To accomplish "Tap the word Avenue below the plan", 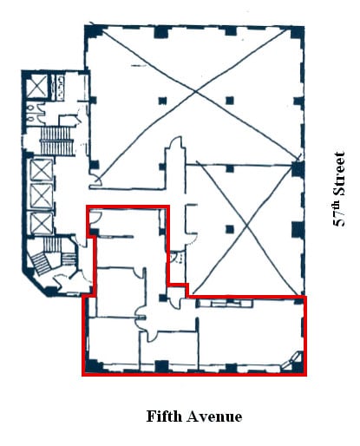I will (x=209, y=416).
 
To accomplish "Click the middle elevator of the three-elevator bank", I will (x=41, y=194).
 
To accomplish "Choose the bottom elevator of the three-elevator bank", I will (x=41, y=224).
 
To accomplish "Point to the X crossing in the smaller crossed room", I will (x=246, y=227).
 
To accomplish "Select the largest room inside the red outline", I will (x=247, y=338).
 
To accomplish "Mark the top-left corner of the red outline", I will (x=86, y=207).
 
